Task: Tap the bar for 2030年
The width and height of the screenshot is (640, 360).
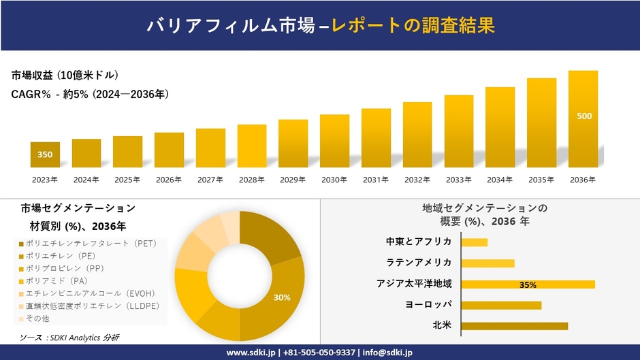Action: [334, 141]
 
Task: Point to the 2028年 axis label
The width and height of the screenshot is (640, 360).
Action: [252, 180]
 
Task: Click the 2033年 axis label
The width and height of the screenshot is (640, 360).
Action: [459, 180]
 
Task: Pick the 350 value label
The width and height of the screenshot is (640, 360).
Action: [45, 155]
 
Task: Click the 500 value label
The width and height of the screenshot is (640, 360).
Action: [583, 116]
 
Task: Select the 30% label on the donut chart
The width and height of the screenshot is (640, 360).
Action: [282, 297]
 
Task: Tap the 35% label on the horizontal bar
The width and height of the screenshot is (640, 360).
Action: [528, 284]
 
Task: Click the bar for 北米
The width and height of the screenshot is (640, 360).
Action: [514, 326]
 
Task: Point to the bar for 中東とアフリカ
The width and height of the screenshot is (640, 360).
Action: [474, 242]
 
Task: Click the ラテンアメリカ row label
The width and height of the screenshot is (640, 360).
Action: [419, 263]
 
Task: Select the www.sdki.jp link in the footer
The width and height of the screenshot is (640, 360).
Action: [250, 353]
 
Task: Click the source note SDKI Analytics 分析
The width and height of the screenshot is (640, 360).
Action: [70, 338]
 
